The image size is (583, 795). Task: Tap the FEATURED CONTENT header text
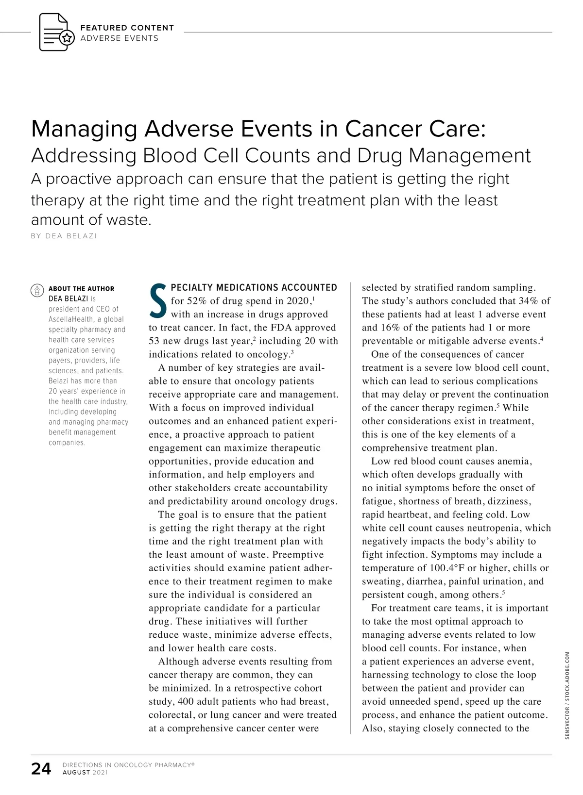tap(127, 28)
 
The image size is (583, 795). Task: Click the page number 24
tap(41, 769)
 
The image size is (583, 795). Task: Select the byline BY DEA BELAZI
tap(64, 236)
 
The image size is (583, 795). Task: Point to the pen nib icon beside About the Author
tap(37, 290)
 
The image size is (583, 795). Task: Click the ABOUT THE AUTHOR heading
tap(81, 288)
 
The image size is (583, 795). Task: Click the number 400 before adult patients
tap(186, 701)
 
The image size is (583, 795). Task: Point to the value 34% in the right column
tap(529, 301)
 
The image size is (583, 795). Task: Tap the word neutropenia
tap(494, 528)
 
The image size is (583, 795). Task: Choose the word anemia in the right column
tap(514, 461)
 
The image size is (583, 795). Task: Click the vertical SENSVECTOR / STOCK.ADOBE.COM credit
tap(567, 695)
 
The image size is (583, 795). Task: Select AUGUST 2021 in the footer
tap(85, 773)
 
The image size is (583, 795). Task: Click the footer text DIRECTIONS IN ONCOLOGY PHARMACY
tap(128, 765)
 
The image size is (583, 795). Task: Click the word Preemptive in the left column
tap(298, 555)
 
